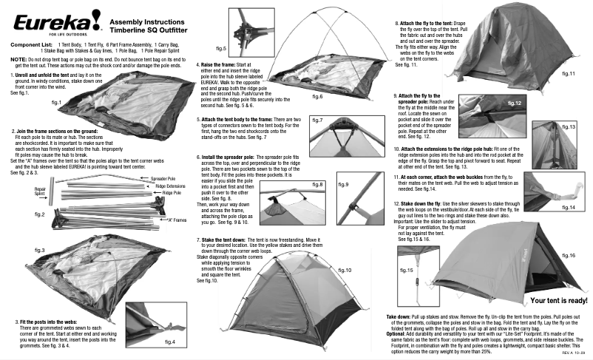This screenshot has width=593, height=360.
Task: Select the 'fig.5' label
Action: (220, 49)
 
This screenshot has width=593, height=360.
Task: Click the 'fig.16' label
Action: (568, 256)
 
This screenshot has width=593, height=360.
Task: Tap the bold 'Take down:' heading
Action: (399, 316)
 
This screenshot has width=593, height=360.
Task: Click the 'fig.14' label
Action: (567, 208)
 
